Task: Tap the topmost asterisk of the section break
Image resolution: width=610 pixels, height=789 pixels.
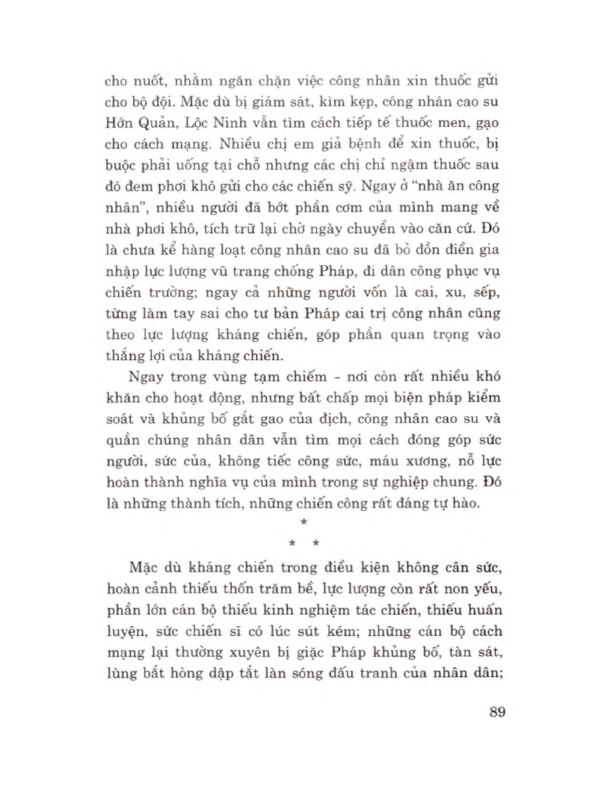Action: [304, 524]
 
